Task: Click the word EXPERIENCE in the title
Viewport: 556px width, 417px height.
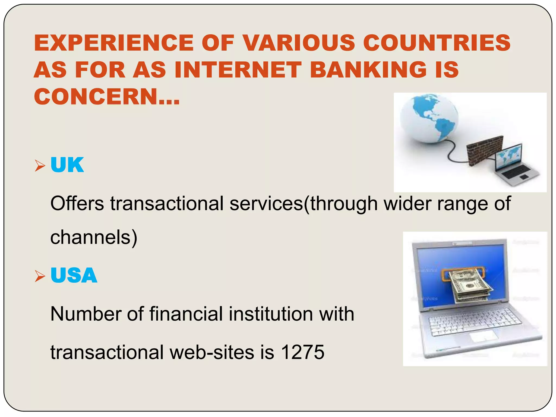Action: point(113,43)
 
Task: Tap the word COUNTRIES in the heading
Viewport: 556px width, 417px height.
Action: point(437,43)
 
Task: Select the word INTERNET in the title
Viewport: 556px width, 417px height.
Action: point(238,70)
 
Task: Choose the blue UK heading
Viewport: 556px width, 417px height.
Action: point(67,165)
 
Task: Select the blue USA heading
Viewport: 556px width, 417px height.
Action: point(74,275)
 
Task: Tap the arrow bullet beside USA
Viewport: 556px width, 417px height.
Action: point(40,276)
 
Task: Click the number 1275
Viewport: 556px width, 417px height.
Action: point(302,352)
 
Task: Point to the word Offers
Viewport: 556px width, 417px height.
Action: point(77,204)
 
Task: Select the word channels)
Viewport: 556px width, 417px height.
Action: point(94,237)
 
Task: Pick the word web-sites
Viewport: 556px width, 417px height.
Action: point(212,352)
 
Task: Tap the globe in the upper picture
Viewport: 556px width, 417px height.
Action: point(429,118)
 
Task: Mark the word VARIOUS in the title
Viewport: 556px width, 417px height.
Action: point(299,43)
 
